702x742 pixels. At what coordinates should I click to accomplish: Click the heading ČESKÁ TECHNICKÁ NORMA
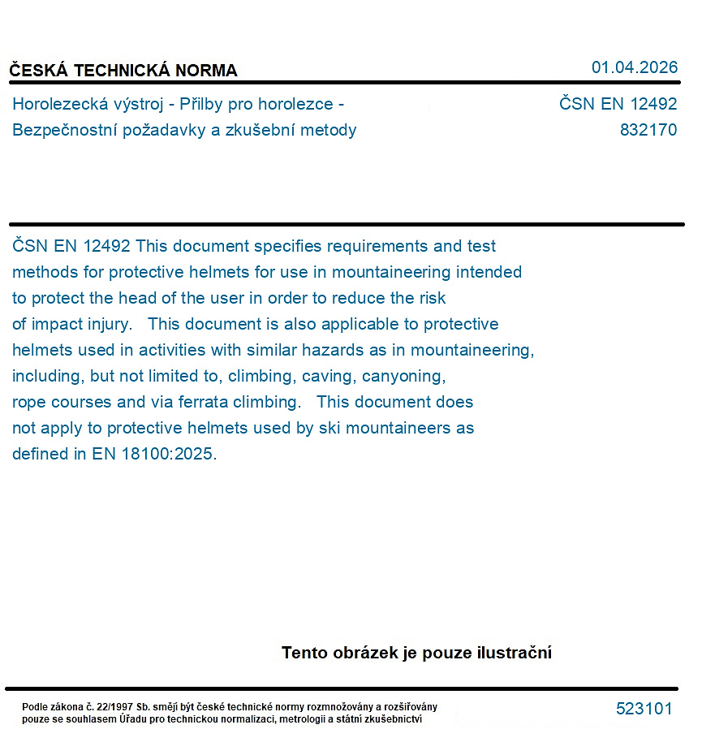(123, 71)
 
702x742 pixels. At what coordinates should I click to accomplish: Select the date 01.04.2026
(634, 67)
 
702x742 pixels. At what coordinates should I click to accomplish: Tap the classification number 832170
(648, 130)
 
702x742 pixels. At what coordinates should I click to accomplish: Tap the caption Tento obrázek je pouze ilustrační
(416, 653)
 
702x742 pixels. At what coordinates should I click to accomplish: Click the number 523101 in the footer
(644, 709)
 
